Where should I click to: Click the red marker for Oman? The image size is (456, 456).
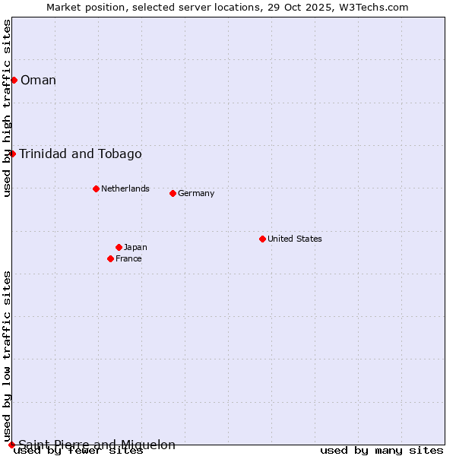click(14, 80)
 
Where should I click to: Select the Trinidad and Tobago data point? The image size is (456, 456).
click(12, 154)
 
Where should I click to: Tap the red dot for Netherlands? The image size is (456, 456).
click(96, 188)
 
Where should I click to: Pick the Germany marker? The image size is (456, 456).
click(173, 193)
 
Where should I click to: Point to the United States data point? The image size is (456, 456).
click(262, 239)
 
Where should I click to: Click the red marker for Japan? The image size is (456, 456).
click(119, 247)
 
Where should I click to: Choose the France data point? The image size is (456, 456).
click(110, 258)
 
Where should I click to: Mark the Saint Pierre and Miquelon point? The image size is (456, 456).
click(11, 445)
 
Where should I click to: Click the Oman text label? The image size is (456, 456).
click(38, 80)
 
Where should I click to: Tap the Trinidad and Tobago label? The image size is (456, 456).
click(80, 154)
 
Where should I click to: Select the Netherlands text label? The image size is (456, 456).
click(125, 188)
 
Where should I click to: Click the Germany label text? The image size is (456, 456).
click(196, 193)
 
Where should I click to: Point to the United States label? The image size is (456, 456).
click(294, 239)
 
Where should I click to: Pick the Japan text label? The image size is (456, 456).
click(135, 247)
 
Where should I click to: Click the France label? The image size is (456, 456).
click(128, 258)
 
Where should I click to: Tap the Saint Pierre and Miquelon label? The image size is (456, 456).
click(97, 445)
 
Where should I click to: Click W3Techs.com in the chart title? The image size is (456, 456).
click(373, 7)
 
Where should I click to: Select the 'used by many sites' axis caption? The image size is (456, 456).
click(382, 451)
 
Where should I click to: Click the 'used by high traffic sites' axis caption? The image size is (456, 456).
click(7, 108)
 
